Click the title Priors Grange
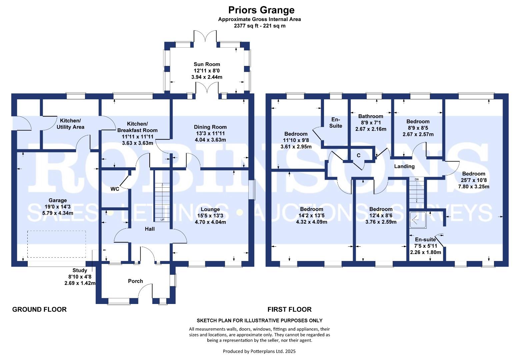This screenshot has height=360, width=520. coord(261,10)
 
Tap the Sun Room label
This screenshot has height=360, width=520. coord(207,64)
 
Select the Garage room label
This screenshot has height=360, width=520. coord(58,200)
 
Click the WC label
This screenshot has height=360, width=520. coord(115,189)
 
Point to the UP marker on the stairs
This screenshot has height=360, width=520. coord(162,220)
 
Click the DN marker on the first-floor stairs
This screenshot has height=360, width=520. coord(417,179)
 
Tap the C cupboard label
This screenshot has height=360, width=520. coord(359,156)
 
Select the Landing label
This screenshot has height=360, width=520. coord(404,166)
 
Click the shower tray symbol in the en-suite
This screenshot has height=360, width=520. coord(418,220)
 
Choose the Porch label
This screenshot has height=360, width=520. coord(135,281)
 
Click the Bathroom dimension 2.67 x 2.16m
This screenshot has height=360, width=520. coord(371,129)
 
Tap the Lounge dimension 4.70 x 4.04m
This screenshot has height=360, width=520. coord(210,222)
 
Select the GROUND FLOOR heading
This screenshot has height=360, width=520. coord(39,309)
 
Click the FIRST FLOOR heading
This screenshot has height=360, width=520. coord(289,309)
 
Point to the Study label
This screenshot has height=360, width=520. coord(80,270)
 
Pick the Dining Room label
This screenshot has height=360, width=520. coord(210,127)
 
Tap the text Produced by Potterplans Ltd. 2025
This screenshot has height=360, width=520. coord(259,351)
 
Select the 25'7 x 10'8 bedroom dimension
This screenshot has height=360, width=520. coord(474,180)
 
